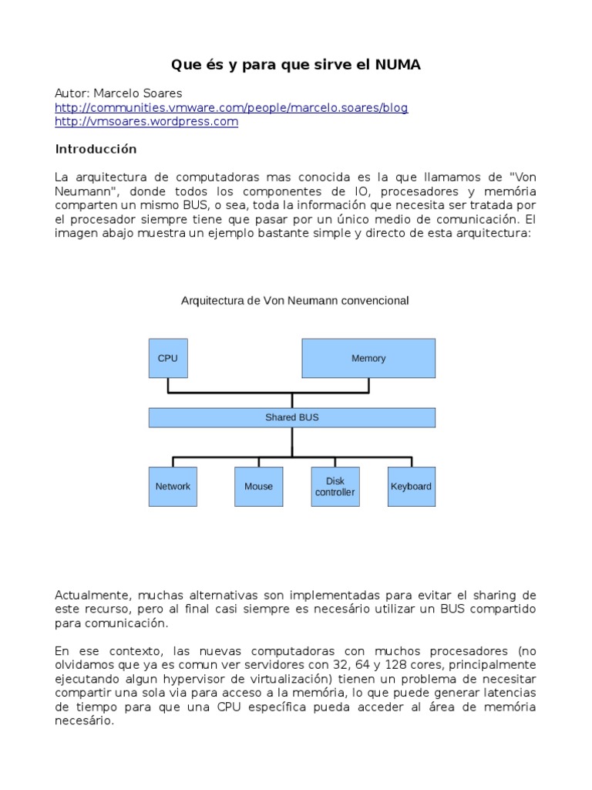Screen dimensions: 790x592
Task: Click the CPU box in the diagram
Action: [167, 358]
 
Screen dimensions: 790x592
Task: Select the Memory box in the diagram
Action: [368, 358]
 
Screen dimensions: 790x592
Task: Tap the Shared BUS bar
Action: [291, 417]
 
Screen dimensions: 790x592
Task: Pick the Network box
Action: [173, 487]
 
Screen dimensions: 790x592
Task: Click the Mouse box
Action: [258, 487]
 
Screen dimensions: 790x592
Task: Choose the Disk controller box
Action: [335, 487]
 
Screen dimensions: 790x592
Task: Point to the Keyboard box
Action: [411, 487]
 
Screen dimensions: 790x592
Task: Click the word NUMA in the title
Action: [397, 65]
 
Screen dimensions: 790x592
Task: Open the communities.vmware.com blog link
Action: [231, 107]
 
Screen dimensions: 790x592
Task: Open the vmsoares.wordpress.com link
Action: [146, 122]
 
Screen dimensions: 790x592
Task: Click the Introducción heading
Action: [96, 149]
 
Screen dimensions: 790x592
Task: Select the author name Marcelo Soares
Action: [137, 93]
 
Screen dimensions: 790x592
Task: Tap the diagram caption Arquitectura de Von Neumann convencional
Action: [294, 301]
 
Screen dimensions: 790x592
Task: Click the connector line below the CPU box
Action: [167, 385]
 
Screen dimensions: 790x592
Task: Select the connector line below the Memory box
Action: [368, 385]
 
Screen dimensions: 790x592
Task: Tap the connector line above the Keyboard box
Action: [412, 461]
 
